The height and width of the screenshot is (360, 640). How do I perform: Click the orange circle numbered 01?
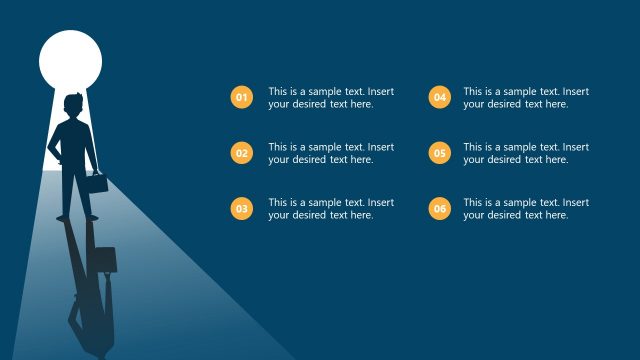click(241, 97)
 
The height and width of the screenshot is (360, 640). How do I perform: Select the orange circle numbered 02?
click(241, 153)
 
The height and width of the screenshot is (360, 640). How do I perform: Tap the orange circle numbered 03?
click(241, 209)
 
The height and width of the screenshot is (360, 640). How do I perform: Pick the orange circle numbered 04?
click(439, 97)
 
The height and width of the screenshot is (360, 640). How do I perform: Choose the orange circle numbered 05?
click(439, 153)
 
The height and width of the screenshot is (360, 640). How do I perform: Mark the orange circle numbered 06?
click(439, 209)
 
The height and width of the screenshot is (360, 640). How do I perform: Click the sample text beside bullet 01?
click(330, 97)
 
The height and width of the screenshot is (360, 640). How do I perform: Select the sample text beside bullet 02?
click(330, 153)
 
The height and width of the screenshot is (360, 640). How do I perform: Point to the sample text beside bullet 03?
click(330, 209)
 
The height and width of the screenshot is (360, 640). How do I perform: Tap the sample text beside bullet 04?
click(526, 97)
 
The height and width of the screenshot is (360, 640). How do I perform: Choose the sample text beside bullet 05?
click(526, 153)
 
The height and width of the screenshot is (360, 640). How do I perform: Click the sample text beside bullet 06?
click(526, 209)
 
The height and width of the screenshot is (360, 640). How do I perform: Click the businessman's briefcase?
click(95, 183)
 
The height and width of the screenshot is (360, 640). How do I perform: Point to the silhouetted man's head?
click(71, 105)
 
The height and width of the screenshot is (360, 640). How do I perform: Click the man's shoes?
click(78, 216)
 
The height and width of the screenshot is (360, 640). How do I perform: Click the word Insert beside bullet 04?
click(575, 91)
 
